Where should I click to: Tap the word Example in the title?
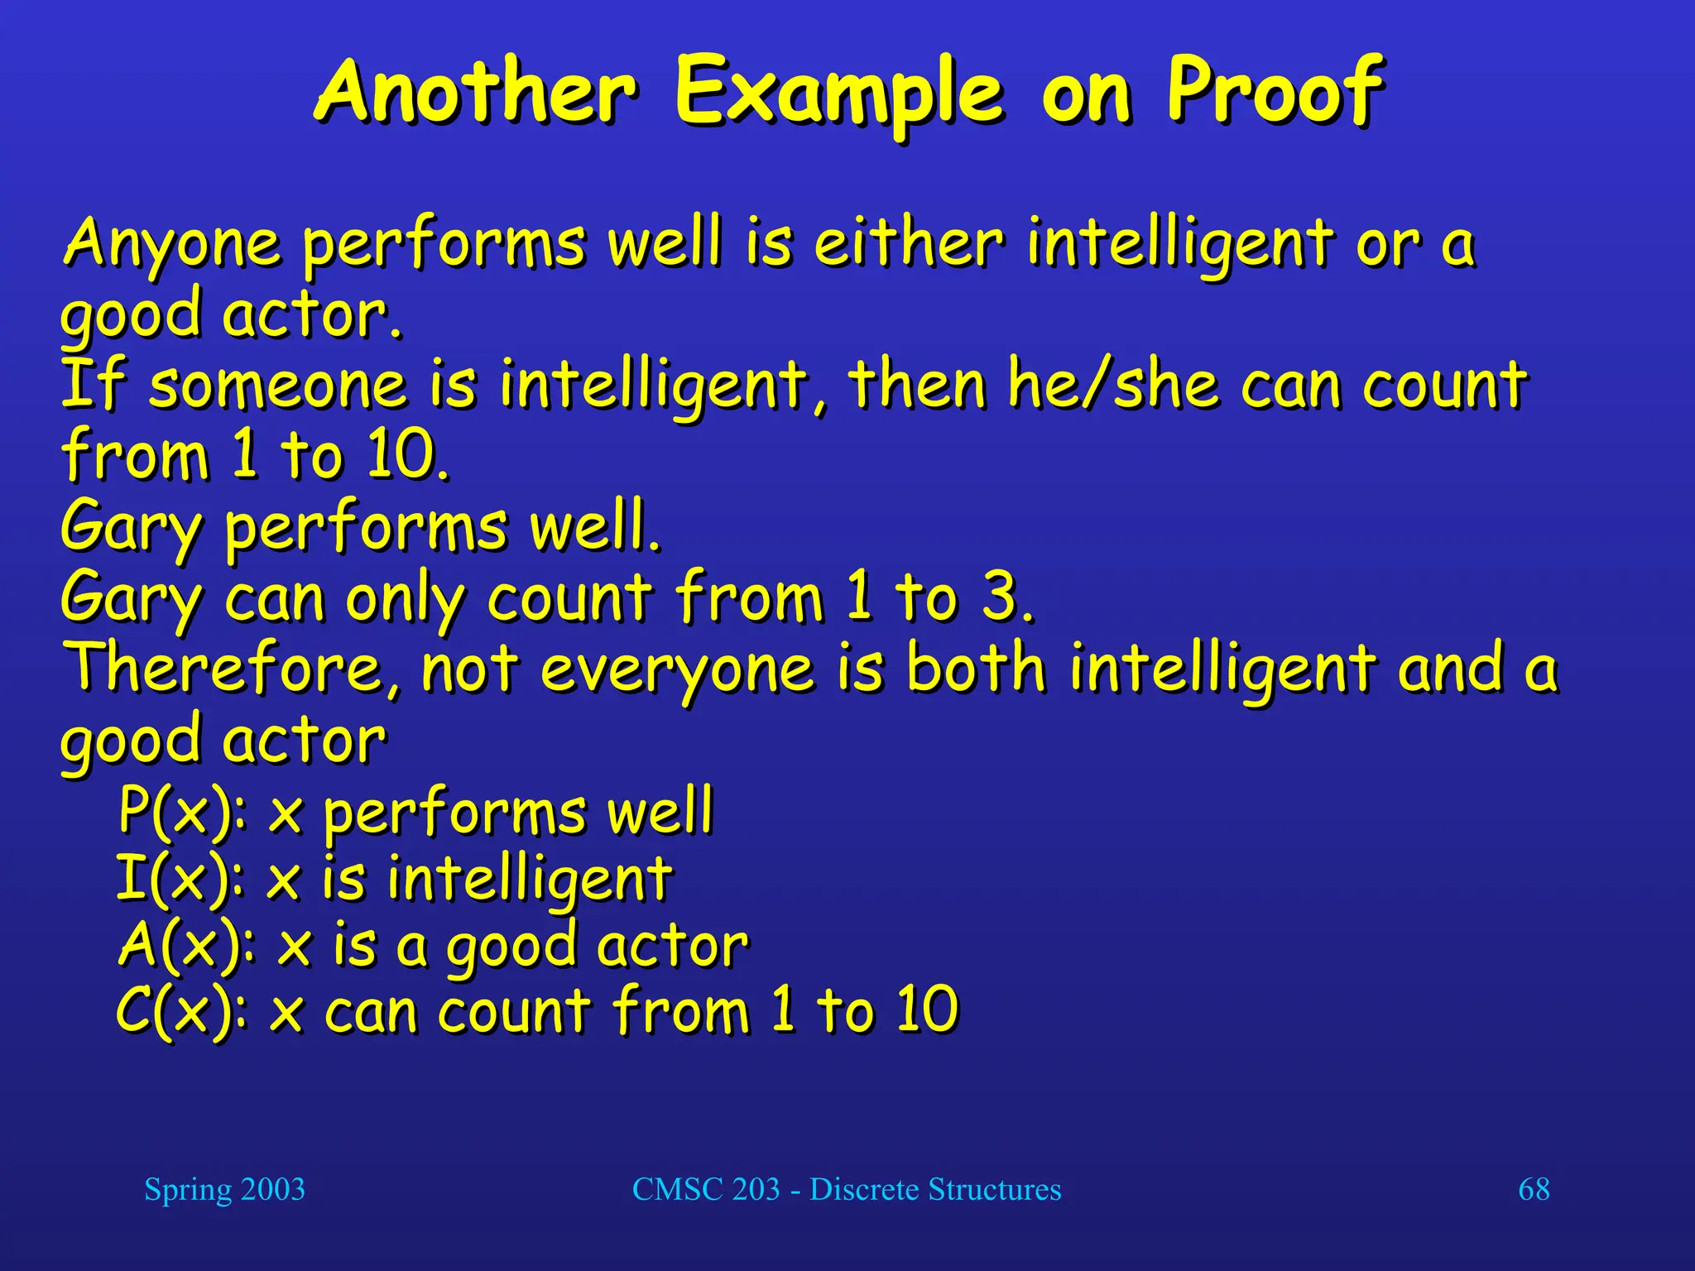(x=839, y=93)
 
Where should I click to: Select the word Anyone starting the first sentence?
(x=172, y=245)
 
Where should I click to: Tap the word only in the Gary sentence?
(x=404, y=599)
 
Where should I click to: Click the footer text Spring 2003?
(x=224, y=1189)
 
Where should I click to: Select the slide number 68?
(x=1534, y=1189)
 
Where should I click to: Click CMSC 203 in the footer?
(x=706, y=1189)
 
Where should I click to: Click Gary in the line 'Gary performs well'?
(x=131, y=528)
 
